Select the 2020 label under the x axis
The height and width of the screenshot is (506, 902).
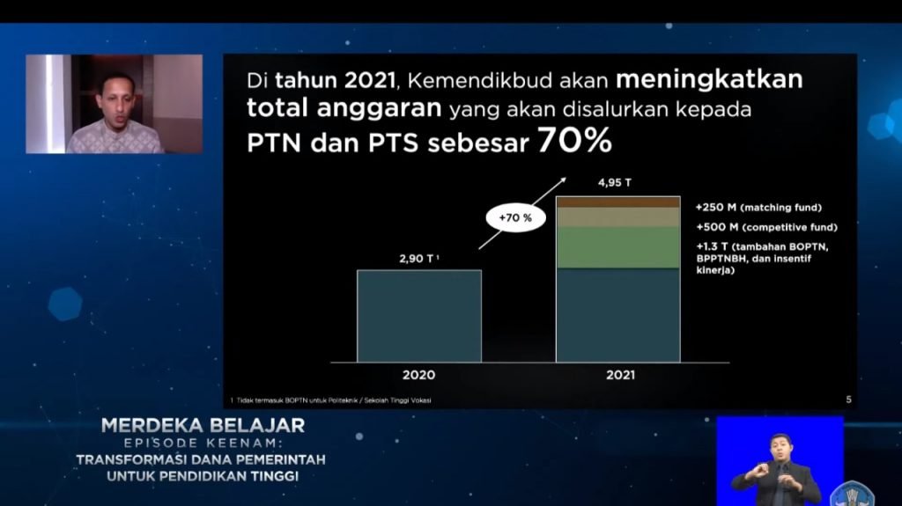(418, 375)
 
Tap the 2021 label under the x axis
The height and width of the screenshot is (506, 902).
(620, 375)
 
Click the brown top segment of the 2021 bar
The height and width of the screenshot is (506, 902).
(618, 202)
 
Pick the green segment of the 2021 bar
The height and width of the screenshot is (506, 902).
(618, 247)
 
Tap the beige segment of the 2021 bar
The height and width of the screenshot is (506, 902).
(618, 217)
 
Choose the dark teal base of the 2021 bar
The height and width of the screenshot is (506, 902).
(618, 314)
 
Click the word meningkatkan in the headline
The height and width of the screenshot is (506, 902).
(709, 80)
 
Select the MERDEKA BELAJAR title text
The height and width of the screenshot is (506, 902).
(203, 426)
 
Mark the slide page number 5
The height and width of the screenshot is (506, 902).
(848, 400)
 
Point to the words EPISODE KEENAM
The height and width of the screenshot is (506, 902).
(203, 444)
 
